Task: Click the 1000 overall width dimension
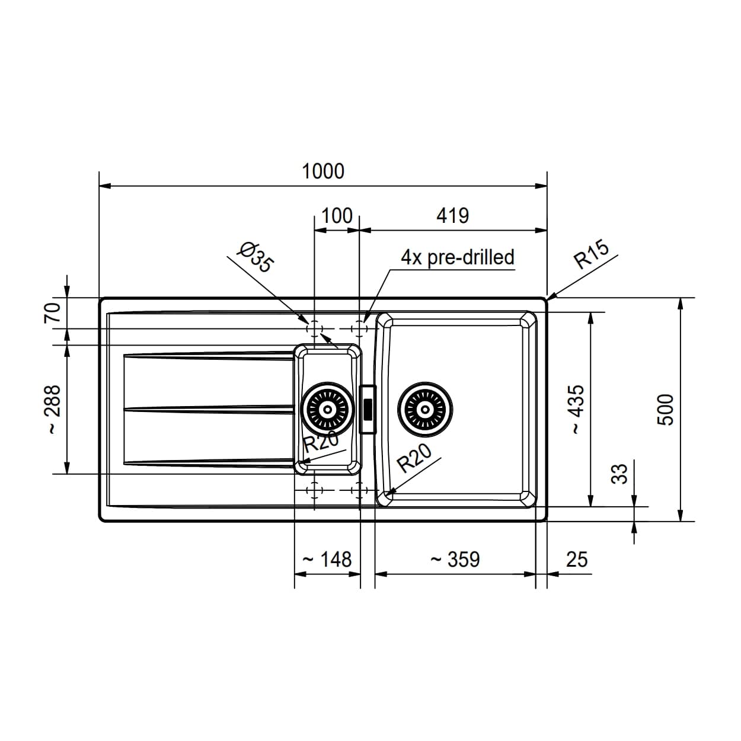tap(323, 171)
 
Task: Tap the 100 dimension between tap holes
tap(337, 216)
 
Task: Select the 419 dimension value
tap(452, 216)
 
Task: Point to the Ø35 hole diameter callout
tap(255, 257)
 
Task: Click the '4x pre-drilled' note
tap(458, 257)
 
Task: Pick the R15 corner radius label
tap(592, 254)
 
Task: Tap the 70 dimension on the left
tap(53, 312)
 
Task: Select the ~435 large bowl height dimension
tap(577, 410)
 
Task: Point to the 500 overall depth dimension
tap(666, 410)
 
